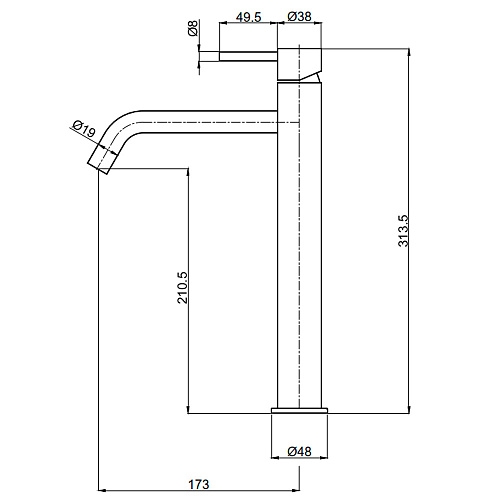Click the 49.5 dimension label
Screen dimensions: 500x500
click(248, 17)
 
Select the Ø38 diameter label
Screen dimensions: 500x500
click(299, 16)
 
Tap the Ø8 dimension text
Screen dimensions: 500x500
click(193, 28)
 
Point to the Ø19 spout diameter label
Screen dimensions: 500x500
click(84, 129)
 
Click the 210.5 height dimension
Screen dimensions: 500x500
click(183, 288)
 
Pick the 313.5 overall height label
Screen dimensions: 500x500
click(403, 231)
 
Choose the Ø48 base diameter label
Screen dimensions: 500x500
click(299, 452)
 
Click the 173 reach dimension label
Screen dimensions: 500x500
click(199, 484)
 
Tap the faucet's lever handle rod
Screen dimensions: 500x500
click(248, 56)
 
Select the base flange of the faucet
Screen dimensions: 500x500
click(299, 410)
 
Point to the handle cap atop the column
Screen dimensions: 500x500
click(299, 65)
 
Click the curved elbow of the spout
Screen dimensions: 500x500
click(121, 127)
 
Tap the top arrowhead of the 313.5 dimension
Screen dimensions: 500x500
click(409, 52)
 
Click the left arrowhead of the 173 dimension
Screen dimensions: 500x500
click(103, 491)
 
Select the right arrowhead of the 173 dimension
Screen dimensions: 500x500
click(295, 491)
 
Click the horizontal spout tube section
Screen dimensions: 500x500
click(210, 122)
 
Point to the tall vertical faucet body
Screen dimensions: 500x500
click(299, 245)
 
